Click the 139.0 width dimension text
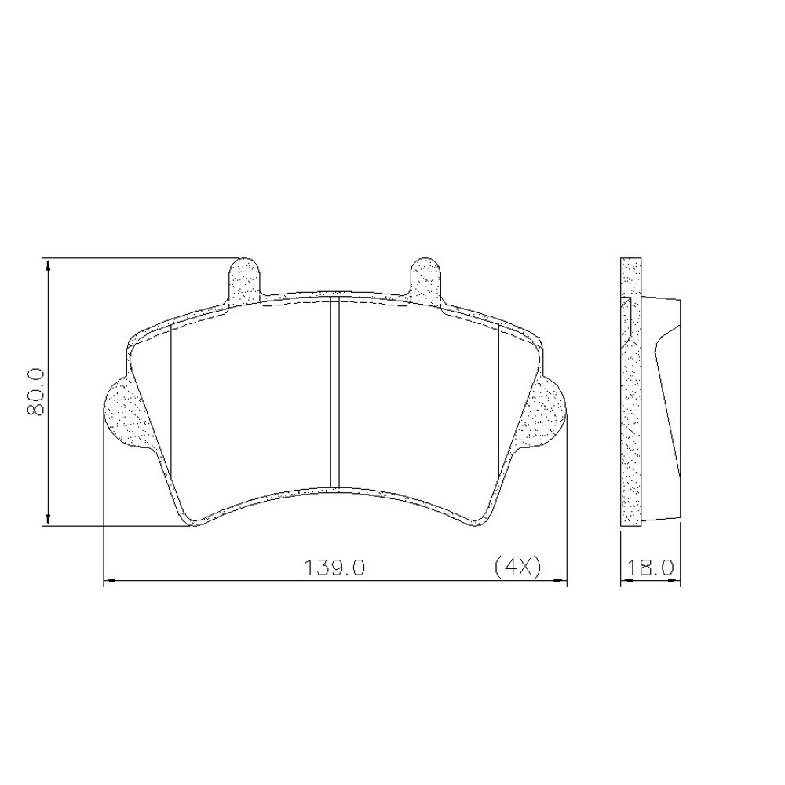click(335, 568)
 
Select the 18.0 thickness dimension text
click(650, 568)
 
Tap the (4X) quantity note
click(517, 568)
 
